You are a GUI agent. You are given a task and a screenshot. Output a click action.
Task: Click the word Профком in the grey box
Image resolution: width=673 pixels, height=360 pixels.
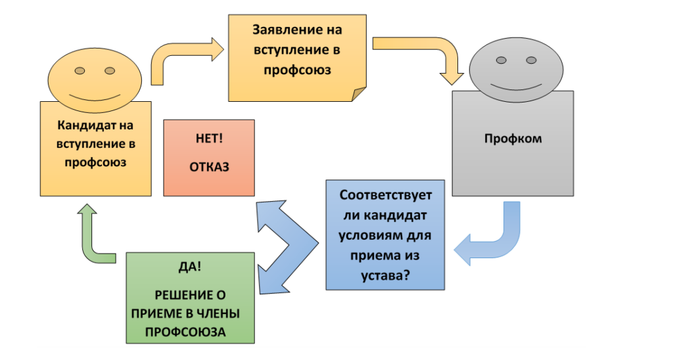tap(513, 139)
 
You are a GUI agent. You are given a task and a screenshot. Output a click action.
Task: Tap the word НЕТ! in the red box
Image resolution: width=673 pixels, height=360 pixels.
tap(209, 139)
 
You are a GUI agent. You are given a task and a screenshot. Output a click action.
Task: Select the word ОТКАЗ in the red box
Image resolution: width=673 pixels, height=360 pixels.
tap(209, 167)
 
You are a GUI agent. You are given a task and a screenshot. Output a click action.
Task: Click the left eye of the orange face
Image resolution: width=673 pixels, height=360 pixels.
tap(79, 70)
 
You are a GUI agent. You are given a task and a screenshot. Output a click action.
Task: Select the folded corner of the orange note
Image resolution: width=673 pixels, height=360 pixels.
tap(359, 94)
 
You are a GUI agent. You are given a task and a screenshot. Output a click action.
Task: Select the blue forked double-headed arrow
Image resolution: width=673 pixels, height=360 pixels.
tap(283, 246)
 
